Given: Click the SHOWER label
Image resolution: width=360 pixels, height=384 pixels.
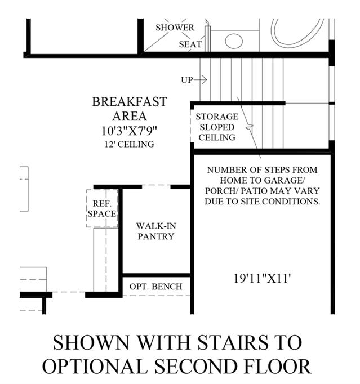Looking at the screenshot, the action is tap(175, 28).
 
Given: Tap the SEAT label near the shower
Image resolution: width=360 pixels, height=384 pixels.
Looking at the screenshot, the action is tap(190, 44).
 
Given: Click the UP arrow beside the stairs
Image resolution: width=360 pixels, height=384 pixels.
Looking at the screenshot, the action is tap(200, 79).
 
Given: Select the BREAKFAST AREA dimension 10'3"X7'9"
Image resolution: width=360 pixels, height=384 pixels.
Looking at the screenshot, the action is tap(129, 131).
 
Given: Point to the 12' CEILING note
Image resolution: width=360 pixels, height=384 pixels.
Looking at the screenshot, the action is tap(130, 144).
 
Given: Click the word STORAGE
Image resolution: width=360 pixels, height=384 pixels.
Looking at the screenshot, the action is tap(217, 117).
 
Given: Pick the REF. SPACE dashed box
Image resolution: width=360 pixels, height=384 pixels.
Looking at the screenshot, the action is tap(102, 208).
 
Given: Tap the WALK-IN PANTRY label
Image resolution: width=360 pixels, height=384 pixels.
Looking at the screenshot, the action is tap(156, 231).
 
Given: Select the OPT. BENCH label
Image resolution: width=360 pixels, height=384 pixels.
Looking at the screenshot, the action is tap(156, 287).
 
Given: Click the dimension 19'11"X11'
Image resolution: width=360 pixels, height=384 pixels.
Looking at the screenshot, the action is tap(262, 279).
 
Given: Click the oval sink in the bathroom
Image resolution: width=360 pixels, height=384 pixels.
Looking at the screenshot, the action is tap(234, 41).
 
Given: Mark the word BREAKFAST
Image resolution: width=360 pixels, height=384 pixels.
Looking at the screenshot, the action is tap(130, 102).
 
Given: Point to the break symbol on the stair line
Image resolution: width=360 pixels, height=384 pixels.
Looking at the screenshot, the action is tap(249, 127).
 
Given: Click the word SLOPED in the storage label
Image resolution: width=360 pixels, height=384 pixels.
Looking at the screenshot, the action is tap(217, 127).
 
